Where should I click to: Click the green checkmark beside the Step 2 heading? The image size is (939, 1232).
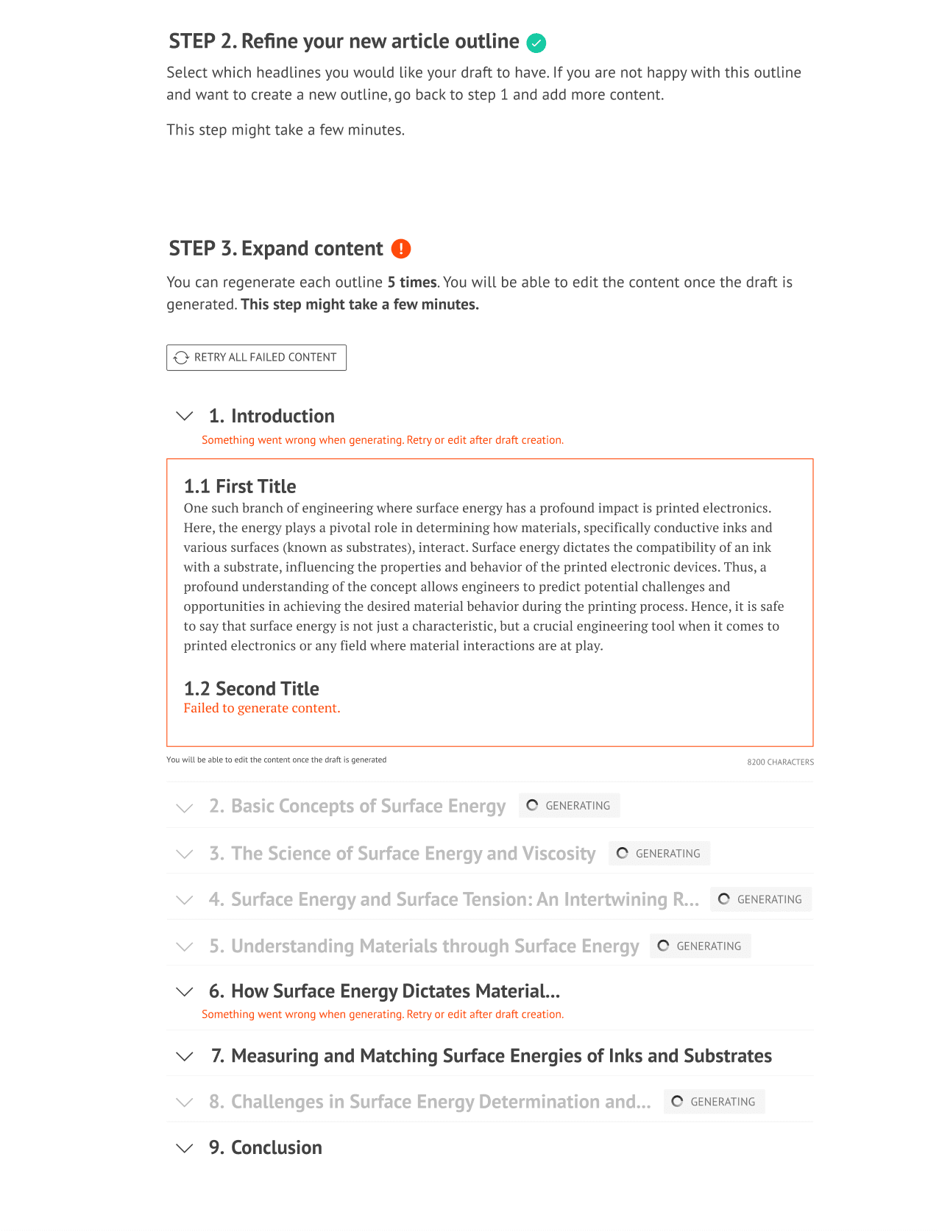[x=536, y=43]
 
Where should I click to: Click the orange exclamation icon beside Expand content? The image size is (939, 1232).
[x=401, y=249]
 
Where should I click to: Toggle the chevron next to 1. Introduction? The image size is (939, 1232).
[x=185, y=416]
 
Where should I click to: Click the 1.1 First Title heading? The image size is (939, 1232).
[x=240, y=486]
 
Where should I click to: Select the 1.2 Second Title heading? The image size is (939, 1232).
[x=251, y=689]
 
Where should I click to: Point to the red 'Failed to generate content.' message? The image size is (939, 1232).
[x=262, y=708]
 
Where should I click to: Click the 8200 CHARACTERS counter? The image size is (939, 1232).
[x=780, y=762]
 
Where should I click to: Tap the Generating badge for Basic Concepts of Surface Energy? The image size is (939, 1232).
[x=569, y=806]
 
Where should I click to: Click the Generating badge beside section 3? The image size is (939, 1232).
[x=659, y=854]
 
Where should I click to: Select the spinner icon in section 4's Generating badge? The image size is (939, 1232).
[x=724, y=899]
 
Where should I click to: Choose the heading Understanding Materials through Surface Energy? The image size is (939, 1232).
[x=434, y=946]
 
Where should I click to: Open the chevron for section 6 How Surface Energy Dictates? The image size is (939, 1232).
[x=185, y=992]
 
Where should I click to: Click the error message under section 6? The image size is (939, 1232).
[x=383, y=1014]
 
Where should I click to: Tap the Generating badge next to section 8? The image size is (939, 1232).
[x=714, y=1102]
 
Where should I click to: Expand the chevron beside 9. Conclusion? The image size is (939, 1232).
[x=185, y=1148]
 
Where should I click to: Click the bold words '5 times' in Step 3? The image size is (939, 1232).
[x=412, y=283]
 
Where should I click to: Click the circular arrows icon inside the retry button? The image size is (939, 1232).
[x=181, y=358]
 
